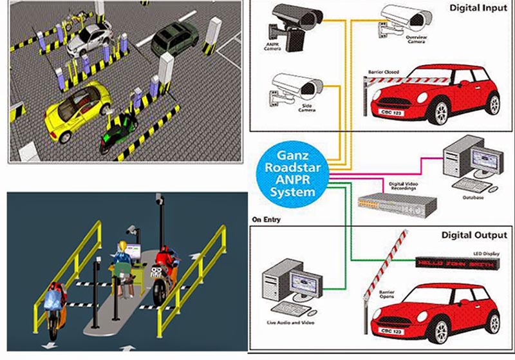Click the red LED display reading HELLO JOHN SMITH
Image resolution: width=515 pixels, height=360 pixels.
pyautogui.click(x=456, y=263)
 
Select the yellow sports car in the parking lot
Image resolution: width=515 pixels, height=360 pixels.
pyautogui.click(x=77, y=109)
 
